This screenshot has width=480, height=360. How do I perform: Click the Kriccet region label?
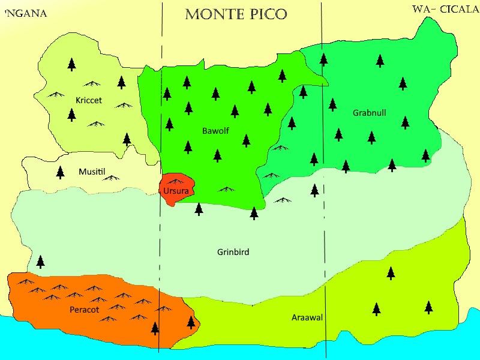point(89,100)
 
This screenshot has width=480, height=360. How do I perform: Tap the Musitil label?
point(92,172)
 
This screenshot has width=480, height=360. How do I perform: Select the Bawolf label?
point(215,130)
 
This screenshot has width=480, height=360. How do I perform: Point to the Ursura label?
point(176,191)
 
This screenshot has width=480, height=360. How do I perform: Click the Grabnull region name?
point(369,113)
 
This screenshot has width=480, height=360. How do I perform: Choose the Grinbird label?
point(233,252)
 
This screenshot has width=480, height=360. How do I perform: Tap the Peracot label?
point(84,309)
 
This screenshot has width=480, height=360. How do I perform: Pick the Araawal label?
point(307,317)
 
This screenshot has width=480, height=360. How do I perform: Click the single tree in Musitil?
point(60,173)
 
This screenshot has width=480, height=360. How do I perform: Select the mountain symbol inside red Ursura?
point(175,181)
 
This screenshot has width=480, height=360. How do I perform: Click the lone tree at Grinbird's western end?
point(40,262)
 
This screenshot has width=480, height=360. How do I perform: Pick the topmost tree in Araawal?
point(391,273)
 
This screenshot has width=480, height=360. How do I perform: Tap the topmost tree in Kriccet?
point(72,64)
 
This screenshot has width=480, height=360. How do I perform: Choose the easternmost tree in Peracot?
point(191,322)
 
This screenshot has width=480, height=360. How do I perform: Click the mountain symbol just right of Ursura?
point(226,189)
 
